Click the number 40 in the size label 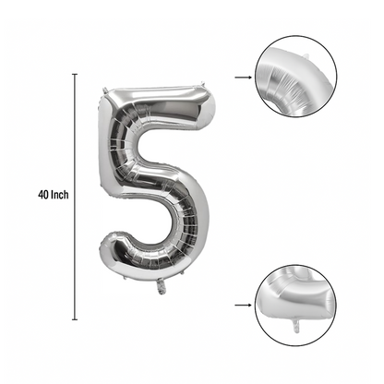point(43,195)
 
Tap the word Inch point(60,195)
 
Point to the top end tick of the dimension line point(75,74)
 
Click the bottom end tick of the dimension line point(75,319)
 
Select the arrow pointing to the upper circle point(243,78)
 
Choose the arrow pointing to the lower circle point(243,306)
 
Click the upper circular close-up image point(296,77)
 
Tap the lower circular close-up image point(296,306)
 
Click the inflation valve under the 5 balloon point(162,286)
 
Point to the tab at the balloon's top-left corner point(105,90)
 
